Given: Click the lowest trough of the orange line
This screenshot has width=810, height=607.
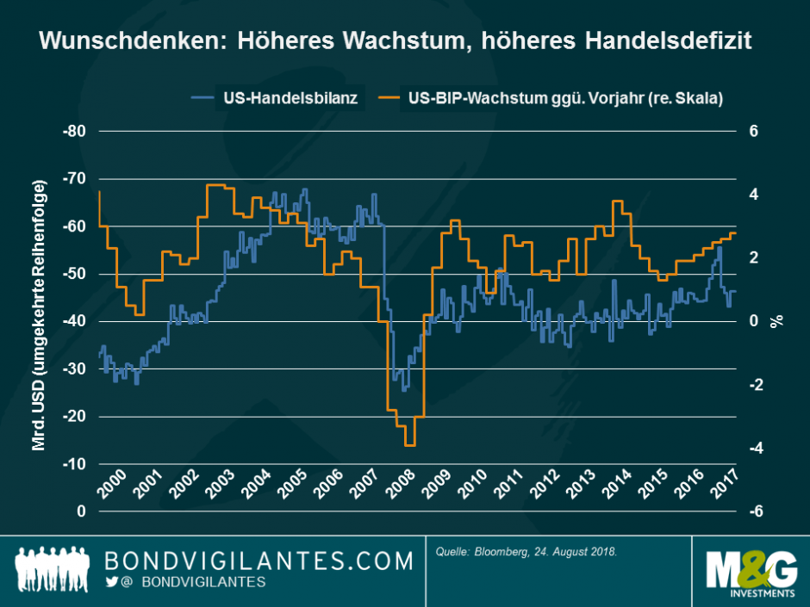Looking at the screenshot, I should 409,444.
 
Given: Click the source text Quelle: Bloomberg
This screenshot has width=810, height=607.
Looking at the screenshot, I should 526,549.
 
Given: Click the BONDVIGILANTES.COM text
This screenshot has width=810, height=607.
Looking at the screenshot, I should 259,561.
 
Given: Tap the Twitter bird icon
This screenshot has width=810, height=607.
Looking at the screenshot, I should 111,583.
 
